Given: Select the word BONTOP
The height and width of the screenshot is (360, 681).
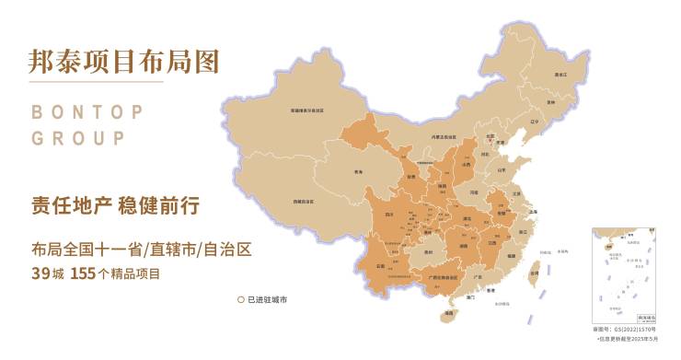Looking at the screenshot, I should point(87,112).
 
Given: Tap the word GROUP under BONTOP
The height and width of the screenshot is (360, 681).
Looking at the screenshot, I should point(78,139).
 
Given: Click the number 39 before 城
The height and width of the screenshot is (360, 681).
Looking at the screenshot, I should point(40,274).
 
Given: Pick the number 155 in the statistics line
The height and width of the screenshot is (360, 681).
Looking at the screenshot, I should point(83,274).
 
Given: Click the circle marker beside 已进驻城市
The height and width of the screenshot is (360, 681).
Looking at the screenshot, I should point(240,300).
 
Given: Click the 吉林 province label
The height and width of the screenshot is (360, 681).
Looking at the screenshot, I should point(550,103).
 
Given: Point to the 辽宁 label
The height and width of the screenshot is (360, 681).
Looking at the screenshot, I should point(535,121).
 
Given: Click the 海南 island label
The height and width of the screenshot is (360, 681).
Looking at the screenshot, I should point(448,314).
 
